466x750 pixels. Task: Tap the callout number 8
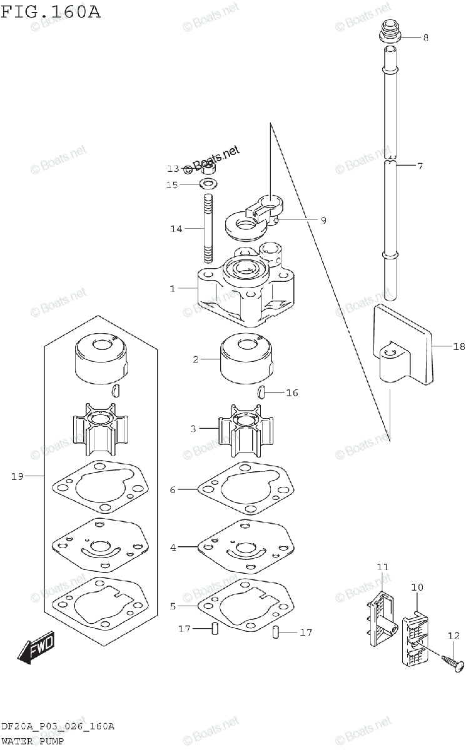425,37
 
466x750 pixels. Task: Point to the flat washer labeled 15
208,184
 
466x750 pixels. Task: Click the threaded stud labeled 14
208,229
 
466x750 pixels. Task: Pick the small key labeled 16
261,392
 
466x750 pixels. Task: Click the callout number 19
17,476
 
